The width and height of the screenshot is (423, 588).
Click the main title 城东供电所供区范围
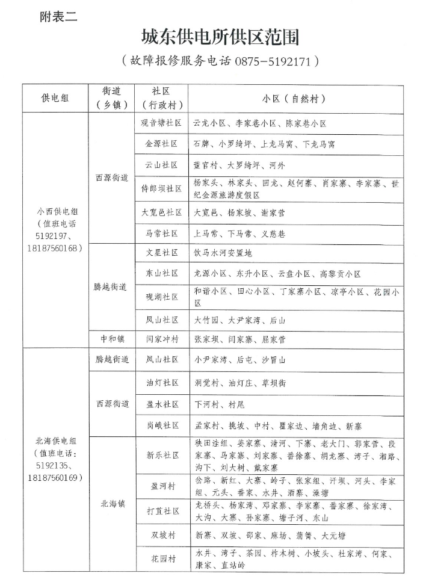(x=220, y=37)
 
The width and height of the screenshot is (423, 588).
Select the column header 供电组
(x=55, y=98)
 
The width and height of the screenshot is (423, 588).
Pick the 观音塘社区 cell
(x=161, y=123)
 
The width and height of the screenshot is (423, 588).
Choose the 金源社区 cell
(x=161, y=144)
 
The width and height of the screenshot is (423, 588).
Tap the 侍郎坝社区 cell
(x=161, y=188)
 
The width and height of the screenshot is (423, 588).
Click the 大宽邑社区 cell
(x=161, y=212)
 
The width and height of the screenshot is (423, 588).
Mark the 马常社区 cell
(x=161, y=233)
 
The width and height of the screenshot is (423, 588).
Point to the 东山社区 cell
(x=161, y=274)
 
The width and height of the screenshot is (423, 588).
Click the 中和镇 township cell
(x=111, y=339)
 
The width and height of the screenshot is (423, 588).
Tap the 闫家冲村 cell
(x=161, y=339)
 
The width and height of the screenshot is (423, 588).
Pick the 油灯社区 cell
(x=161, y=383)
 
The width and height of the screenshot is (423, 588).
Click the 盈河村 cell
(x=161, y=485)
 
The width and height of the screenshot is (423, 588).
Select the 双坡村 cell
(x=161, y=535)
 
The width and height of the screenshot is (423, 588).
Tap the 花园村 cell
(x=161, y=559)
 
